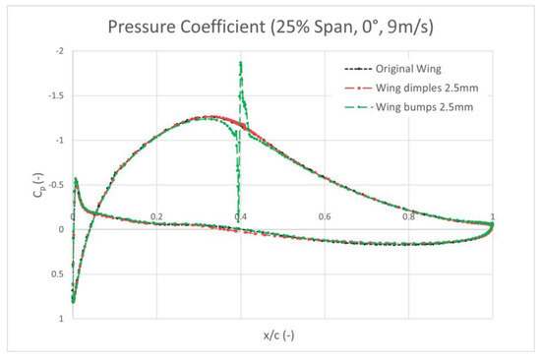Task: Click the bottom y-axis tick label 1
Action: [64, 319]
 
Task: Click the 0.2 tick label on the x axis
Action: [156, 217]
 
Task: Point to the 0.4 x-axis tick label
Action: [241, 217]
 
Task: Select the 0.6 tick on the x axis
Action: [325, 217]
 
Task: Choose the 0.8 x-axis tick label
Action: [408, 217]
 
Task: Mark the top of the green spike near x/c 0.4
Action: [240, 63]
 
